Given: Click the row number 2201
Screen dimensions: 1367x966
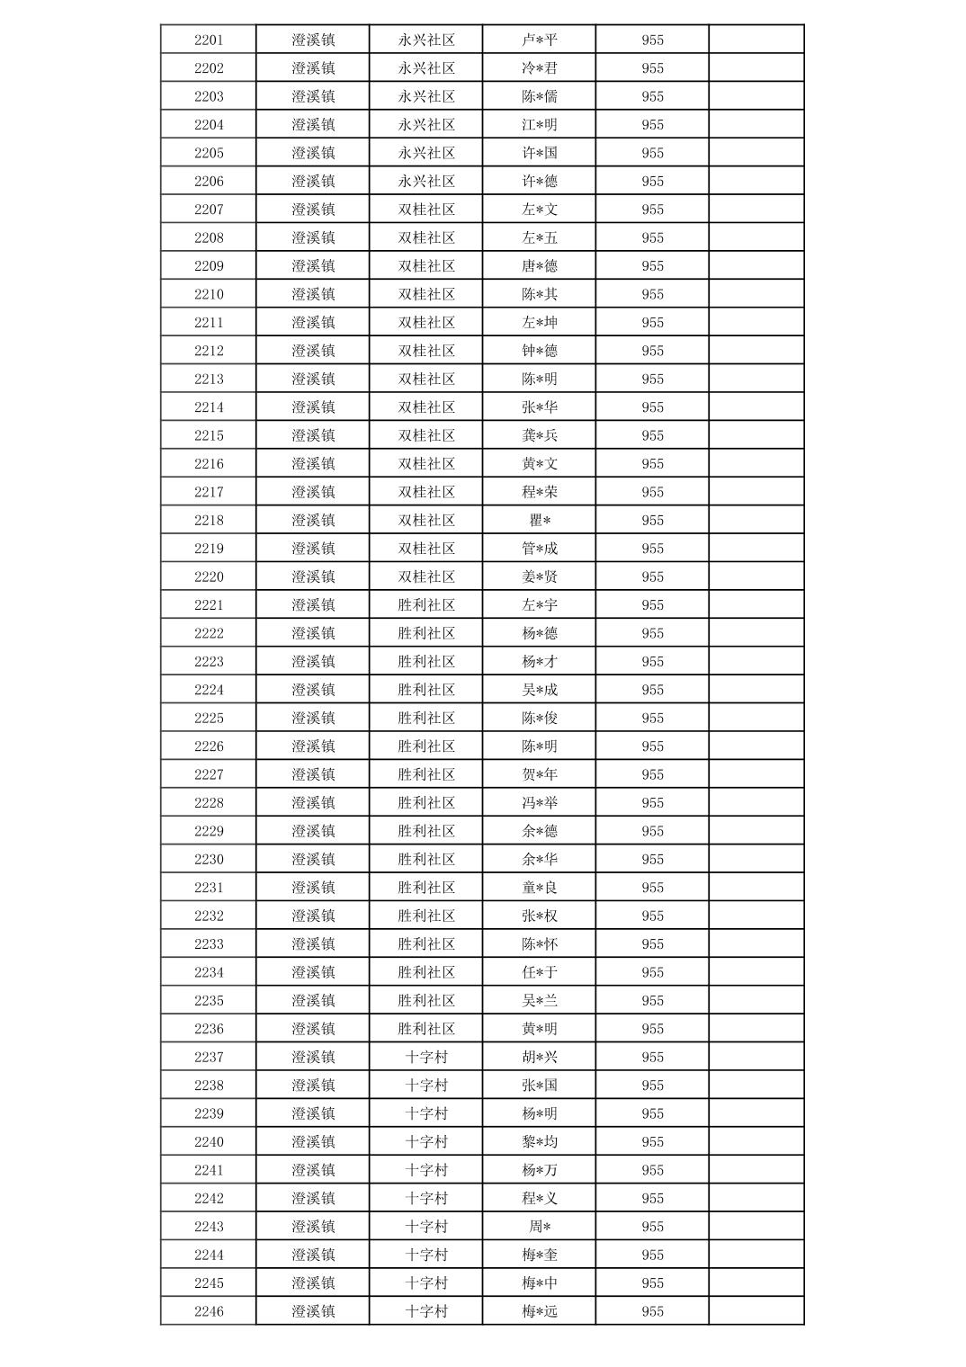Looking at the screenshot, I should (209, 40).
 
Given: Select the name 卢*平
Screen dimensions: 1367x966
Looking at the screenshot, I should (540, 40).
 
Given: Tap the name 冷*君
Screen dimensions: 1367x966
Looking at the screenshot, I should (540, 68).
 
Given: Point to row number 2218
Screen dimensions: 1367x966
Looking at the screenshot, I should (209, 520).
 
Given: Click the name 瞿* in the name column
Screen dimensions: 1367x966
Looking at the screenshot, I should (540, 520).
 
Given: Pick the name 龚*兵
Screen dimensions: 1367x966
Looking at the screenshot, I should (540, 435).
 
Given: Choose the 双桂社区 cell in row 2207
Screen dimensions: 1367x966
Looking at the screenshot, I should (426, 210).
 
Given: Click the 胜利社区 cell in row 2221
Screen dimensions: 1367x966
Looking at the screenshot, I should (426, 605).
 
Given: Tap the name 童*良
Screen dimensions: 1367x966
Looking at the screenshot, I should (540, 888).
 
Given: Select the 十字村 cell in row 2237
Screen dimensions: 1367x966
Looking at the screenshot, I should (426, 1057).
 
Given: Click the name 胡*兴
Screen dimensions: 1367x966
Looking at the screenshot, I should (540, 1057).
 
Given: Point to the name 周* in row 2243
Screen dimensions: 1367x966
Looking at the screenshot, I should (540, 1227).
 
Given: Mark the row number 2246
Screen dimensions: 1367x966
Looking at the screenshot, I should (209, 1311).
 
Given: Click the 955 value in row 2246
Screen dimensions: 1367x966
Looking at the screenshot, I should (652, 1311).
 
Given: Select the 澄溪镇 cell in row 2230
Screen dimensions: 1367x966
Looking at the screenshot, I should (313, 859).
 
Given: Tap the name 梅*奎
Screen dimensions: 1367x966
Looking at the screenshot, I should (540, 1255).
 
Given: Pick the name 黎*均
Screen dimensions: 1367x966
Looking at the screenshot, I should (540, 1141).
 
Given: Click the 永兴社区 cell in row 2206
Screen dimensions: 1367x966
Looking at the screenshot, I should (426, 181).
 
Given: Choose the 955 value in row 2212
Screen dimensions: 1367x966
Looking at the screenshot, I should (652, 351).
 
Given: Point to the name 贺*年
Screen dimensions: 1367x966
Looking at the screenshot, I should (540, 774).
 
